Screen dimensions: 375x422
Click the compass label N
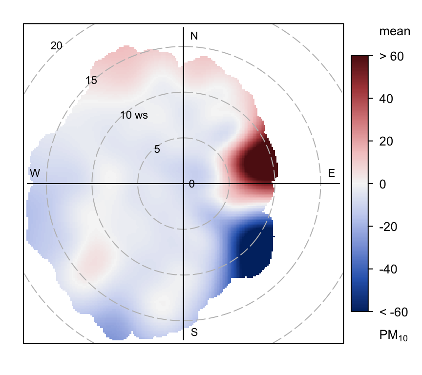coord(194,36)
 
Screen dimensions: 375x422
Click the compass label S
coord(194,333)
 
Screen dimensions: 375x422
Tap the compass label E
coord(331,173)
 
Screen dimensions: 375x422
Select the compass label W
coord(35,173)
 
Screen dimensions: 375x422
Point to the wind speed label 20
coord(56,46)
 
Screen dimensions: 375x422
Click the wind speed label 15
coord(91,80)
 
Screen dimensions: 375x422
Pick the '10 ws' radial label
coord(134,116)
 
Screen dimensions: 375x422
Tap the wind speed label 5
coord(157,149)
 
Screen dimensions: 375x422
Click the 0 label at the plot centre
coord(191,184)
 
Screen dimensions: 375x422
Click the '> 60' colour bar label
coord(391,57)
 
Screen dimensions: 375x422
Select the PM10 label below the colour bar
coord(393,335)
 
